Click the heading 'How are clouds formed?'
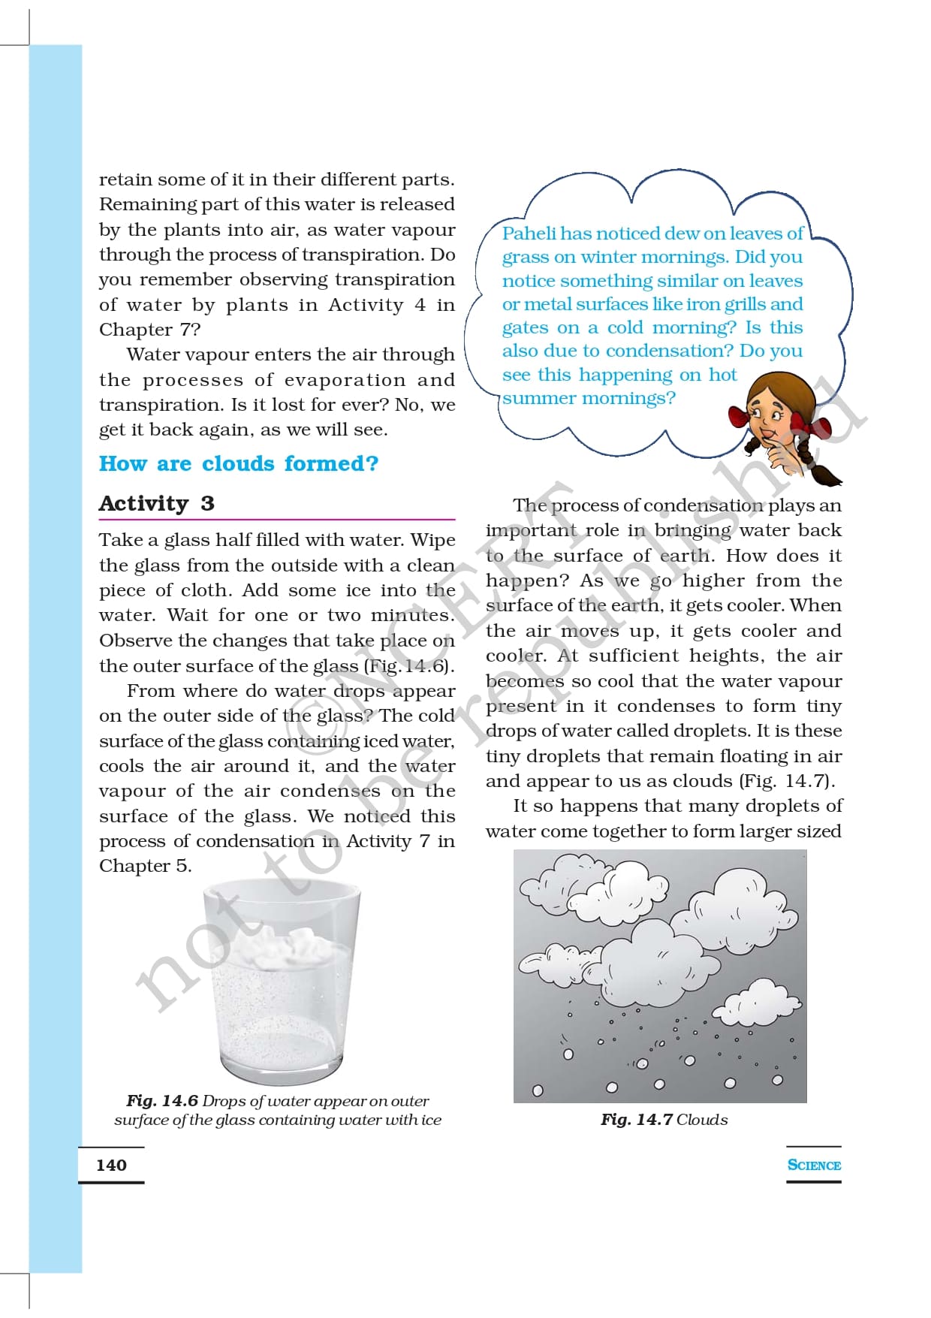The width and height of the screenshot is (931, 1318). tap(239, 463)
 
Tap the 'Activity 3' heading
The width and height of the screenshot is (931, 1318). tap(156, 503)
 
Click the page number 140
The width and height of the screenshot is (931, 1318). tap(111, 1165)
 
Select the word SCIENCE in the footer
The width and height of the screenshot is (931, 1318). tap(813, 1165)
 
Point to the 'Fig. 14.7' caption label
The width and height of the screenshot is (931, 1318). tap(636, 1120)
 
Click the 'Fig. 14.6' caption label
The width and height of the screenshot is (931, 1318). tap(161, 1101)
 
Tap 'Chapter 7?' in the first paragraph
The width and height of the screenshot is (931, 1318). tap(149, 330)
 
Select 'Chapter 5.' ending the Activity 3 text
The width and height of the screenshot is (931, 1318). tap(145, 866)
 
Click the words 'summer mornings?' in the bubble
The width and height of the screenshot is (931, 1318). tap(589, 398)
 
